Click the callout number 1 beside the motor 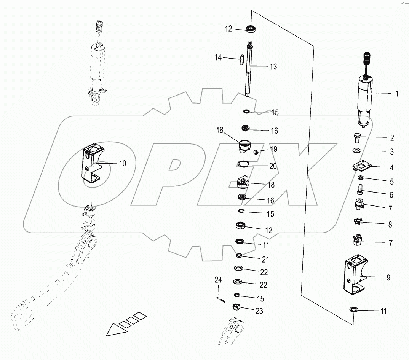[396, 94]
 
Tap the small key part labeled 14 [242, 61]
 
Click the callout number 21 [265, 260]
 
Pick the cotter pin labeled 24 [219, 299]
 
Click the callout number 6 [391, 195]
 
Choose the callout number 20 [273, 166]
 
